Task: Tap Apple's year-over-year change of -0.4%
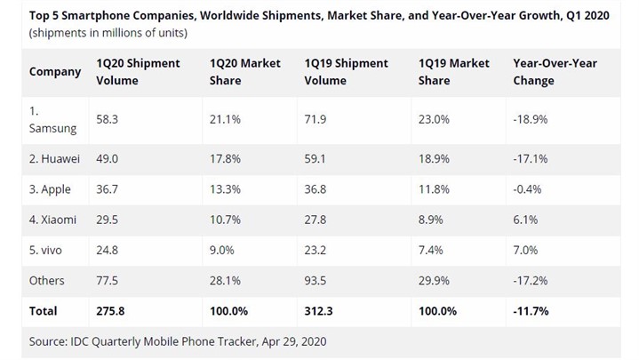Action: (530, 190)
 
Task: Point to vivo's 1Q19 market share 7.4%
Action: (431, 251)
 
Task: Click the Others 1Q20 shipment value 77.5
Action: (108, 281)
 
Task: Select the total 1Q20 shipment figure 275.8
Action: (111, 311)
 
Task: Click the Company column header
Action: (55, 71)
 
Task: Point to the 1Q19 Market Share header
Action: (454, 72)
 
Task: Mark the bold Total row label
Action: (43, 311)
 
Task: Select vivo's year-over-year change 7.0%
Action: (526, 251)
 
